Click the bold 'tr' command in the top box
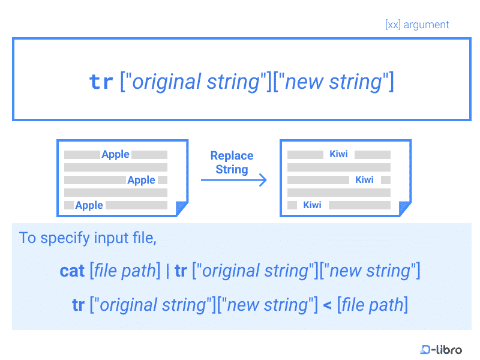(x=101, y=82)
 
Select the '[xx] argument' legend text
(x=417, y=25)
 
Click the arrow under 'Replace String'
(x=234, y=179)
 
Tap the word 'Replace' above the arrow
(x=232, y=155)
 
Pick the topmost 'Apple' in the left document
(x=115, y=154)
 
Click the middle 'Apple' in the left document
(x=141, y=180)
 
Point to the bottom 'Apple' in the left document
(x=89, y=205)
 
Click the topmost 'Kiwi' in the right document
(x=338, y=154)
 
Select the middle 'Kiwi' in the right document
(x=364, y=180)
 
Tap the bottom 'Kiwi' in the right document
(x=312, y=205)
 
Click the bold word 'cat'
(x=72, y=271)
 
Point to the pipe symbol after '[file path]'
(x=167, y=271)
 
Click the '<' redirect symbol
(x=327, y=305)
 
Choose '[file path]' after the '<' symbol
(x=372, y=305)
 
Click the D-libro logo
(x=441, y=349)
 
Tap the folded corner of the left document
(x=181, y=209)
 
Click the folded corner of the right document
(x=404, y=209)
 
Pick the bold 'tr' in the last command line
(x=78, y=305)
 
